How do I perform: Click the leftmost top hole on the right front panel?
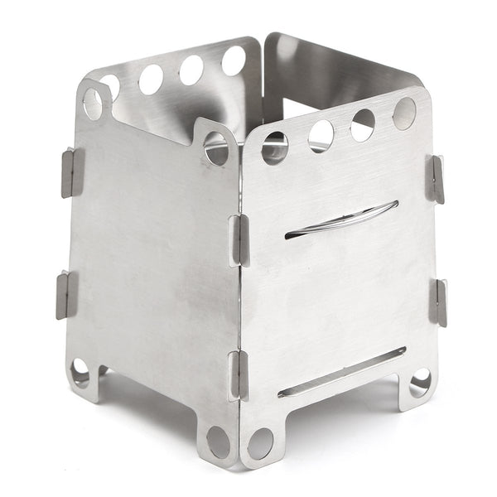pyautogui.click(x=275, y=147)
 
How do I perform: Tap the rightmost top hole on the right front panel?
pyautogui.click(x=404, y=113)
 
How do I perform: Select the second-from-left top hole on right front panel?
pyautogui.click(x=321, y=135)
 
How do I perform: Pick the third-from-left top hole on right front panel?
pyautogui.click(x=363, y=124)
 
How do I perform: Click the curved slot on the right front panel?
pyautogui.click(x=341, y=220)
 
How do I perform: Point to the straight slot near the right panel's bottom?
pyautogui.click(x=341, y=372)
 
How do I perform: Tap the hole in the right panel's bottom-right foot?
pyautogui.click(x=420, y=382)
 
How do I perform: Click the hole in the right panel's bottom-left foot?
pyautogui.click(x=260, y=443)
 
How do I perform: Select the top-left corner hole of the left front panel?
pyautogui.click(x=93, y=104)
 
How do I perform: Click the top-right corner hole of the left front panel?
pyautogui.click(x=216, y=147)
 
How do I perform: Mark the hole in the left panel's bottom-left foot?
pyautogui.click(x=80, y=372)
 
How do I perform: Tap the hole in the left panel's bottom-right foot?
pyautogui.click(x=219, y=442)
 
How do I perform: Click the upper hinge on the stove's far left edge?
pyautogui.click(x=72, y=171)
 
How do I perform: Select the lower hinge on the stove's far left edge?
pyautogui.click(x=66, y=294)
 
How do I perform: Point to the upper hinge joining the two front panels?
pyautogui.click(x=239, y=240)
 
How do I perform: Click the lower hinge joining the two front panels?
pyautogui.click(x=238, y=375)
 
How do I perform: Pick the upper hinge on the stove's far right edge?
pyautogui.click(x=436, y=179)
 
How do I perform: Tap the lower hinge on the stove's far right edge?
pyautogui.click(x=437, y=302)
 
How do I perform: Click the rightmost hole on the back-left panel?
pyautogui.click(x=234, y=60)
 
